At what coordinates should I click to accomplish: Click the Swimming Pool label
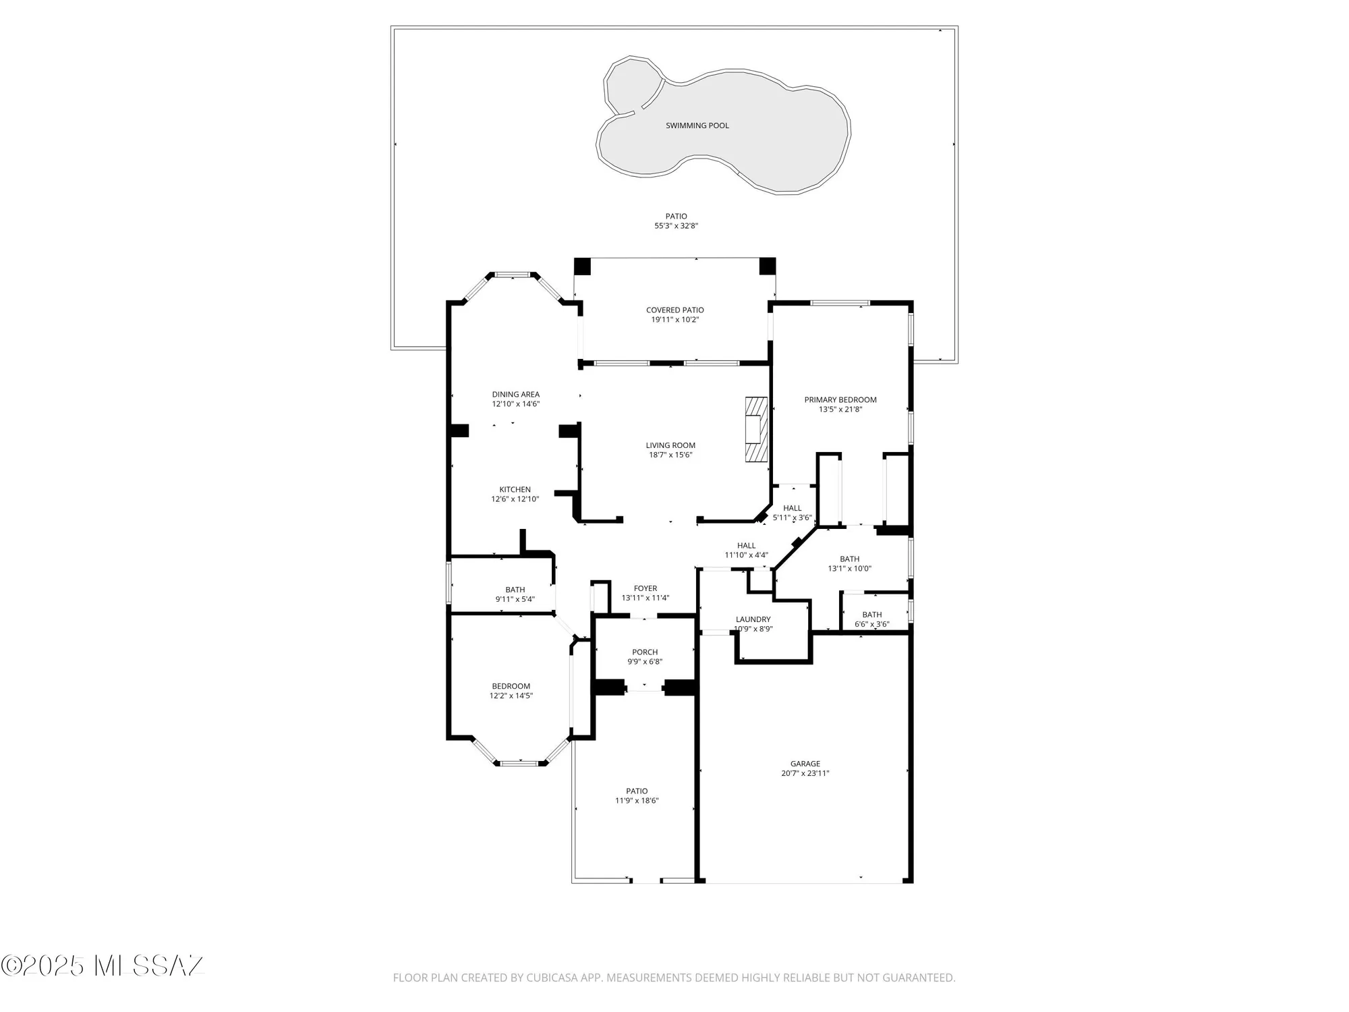click(x=697, y=125)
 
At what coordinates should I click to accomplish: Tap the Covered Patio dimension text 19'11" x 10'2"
click(x=674, y=320)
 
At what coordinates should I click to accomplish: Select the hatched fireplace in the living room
click(x=756, y=429)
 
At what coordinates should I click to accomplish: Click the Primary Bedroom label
click(x=840, y=400)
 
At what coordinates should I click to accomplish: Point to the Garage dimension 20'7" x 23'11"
click(x=805, y=774)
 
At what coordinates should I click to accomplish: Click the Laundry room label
click(x=753, y=619)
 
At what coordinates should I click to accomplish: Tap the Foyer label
click(x=645, y=588)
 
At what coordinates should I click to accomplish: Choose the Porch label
click(x=645, y=652)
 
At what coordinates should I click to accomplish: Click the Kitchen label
click(x=515, y=490)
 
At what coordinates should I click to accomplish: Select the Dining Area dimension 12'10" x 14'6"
click(x=515, y=404)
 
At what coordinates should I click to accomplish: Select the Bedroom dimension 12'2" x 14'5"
click(x=511, y=696)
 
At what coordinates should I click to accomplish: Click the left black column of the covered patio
click(x=582, y=266)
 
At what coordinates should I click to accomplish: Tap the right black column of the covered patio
click(x=767, y=266)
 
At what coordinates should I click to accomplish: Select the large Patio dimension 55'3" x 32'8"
click(x=676, y=226)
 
